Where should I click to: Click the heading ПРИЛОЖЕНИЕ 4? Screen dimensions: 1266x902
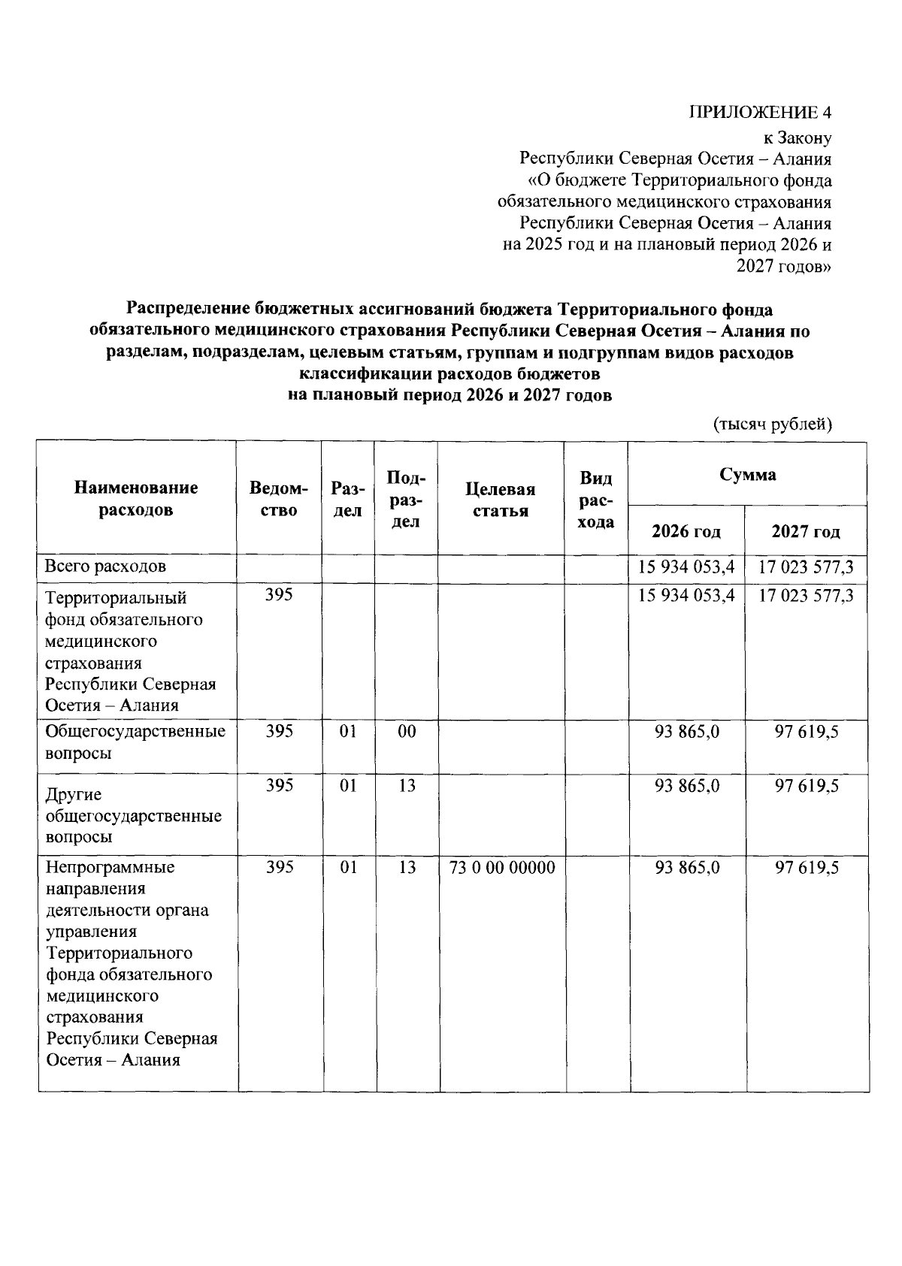pos(761,113)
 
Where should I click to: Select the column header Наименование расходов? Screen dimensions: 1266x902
pos(136,499)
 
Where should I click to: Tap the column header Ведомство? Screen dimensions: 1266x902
pos(278,499)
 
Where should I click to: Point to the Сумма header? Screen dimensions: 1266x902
pos(747,475)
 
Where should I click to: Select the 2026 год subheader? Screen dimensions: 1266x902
pos(686,532)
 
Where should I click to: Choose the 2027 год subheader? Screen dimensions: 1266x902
pos(806,532)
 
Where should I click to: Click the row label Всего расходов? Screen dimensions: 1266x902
pos(105,566)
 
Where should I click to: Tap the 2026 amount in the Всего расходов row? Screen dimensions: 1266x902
pos(686,567)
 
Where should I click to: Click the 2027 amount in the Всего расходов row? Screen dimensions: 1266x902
pos(806,567)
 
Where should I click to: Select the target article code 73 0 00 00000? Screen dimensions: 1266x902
pos(502,868)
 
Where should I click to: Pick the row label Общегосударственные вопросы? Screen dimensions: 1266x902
pos(135,742)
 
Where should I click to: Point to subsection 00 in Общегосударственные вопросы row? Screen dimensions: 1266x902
pos(407,731)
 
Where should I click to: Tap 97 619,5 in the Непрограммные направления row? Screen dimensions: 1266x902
pos(807,868)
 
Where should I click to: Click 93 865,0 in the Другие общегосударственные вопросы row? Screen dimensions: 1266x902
pos(687,785)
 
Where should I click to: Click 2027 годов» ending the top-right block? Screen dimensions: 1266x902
pos(784,266)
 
